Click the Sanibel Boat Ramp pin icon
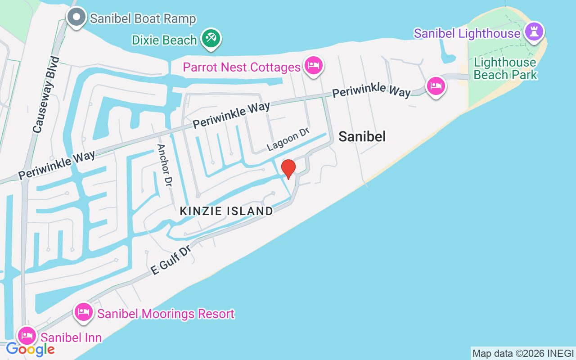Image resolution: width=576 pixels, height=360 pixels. [x=76, y=17]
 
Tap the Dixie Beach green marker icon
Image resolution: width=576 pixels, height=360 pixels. [x=210, y=38]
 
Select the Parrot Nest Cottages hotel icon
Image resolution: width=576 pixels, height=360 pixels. [x=313, y=66]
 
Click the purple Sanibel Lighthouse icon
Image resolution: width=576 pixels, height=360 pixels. [x=535, y=31]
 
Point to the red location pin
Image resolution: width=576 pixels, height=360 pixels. [x=288, y=168]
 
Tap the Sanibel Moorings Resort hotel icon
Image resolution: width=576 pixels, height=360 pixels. [x=84, y=311]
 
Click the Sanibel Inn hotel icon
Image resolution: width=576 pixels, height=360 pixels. [x=27, y=335]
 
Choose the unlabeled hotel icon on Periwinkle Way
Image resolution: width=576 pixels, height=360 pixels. [x=436, y=85]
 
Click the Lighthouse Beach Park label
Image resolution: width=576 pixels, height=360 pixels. [x=505, y=68]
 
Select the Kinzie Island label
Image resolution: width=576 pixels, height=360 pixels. [x=226, y=211]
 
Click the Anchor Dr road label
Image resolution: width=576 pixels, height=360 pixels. [x=165, y=166]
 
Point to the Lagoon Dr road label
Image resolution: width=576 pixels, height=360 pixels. [x=288, y=139]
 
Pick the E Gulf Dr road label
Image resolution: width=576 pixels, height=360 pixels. [x=171, y=260]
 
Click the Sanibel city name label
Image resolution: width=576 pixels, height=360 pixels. [x=362, y=136]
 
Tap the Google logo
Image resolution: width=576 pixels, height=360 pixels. [x=31, y=349]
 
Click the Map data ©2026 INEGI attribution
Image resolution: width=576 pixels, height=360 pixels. [x=523, y=353]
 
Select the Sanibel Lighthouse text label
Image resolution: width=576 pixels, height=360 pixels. [x=467, y=33]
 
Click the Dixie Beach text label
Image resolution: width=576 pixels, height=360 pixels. [x=165, y=40]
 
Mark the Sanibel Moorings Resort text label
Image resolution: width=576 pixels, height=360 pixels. [x=166, y=314]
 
